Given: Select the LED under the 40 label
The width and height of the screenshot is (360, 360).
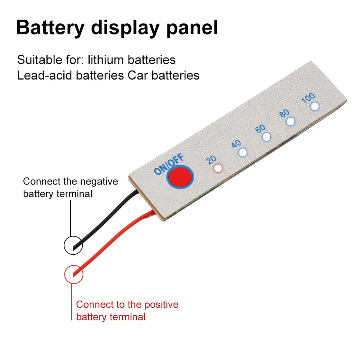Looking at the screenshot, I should (243, 152).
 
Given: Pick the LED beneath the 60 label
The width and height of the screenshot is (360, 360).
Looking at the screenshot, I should (266, 137).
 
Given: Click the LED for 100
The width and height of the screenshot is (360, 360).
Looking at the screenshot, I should (314, 106).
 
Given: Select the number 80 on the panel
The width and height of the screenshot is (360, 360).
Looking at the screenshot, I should (284, 114).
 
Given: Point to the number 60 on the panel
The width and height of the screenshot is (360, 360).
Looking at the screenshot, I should (260, 129).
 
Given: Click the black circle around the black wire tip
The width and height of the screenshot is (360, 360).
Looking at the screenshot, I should (73, 245).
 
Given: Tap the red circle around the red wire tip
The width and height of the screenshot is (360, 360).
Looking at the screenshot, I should (74, 274).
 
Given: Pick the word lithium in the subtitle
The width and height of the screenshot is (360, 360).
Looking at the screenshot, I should (110, 60).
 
